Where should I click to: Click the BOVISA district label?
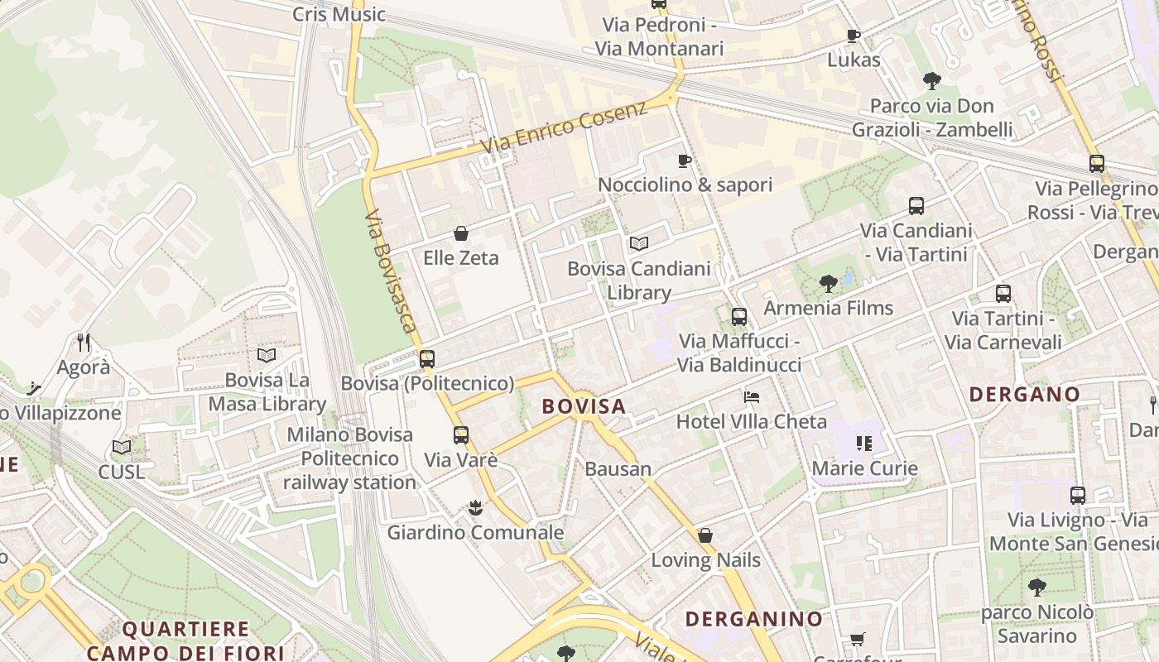(x=584, y=406)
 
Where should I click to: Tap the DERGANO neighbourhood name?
(x=1024, y=394)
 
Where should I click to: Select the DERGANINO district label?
(x=754, y=618)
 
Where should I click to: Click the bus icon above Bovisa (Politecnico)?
(x=427, y=359)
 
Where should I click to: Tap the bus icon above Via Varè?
(x=461, y=434)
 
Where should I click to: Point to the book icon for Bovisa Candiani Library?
(x=638, y=243)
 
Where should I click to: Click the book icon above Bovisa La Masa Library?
(x=266, y=355)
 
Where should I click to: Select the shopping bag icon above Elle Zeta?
(x=461, y=233)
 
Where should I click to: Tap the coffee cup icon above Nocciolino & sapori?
(x=685, y=161)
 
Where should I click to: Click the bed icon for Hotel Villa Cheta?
(x=752, y=397)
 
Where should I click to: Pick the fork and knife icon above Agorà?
(x=83, y=342)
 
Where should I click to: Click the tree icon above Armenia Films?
(x=828, y=284)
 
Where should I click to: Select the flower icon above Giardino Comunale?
(x=475, y=507)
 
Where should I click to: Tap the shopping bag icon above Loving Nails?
(x=705, y=535)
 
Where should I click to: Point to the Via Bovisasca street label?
(x=391, y=270)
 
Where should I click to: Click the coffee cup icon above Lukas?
(x=854, y=36)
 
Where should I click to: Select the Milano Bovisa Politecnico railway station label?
(x=349, y=458)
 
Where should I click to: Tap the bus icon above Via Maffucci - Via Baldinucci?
(x=739, y=316)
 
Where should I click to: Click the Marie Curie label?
(x=864, y=468)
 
